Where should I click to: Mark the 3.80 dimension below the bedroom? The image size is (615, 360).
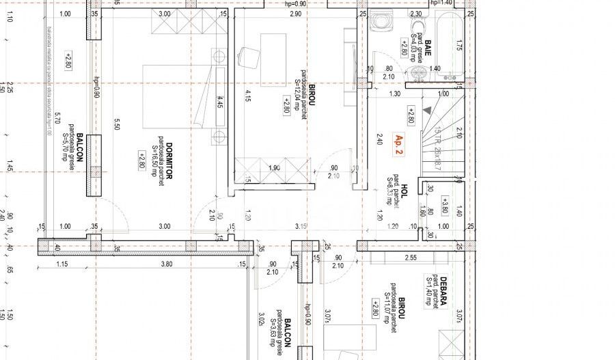166,264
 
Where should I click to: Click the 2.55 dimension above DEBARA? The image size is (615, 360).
410,258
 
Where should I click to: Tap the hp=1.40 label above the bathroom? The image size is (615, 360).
441,3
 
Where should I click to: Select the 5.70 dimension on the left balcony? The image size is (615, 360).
58,117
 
